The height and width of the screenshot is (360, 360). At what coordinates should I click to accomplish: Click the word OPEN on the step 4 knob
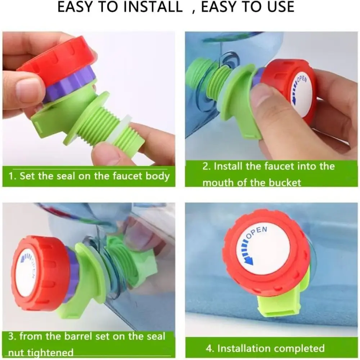click(x=257, y=232)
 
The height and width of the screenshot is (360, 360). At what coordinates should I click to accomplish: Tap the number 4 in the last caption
click(x=209, y=348)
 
